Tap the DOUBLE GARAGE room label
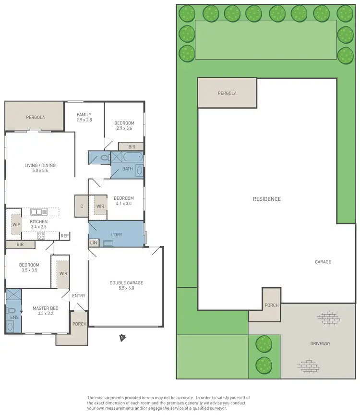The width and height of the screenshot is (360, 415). (x=126, y=283)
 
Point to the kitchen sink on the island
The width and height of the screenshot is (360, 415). (x=38, y=212)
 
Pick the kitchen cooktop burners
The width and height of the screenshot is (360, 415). (x=41, y=235)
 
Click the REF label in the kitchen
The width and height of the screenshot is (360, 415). (x=64, y=236)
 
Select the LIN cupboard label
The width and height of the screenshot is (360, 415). (x=94, y=244)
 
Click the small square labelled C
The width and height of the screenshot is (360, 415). (x=81, y=206)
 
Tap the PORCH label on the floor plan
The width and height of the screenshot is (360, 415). (x=79, y=324)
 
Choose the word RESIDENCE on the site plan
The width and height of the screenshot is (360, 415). (x=267, y=199)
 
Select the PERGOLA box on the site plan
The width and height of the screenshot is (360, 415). (x=227, y=93)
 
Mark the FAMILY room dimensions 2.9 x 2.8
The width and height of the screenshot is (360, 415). (x=84, y=120)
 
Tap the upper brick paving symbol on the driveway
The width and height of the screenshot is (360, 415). (x=328, y=317)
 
